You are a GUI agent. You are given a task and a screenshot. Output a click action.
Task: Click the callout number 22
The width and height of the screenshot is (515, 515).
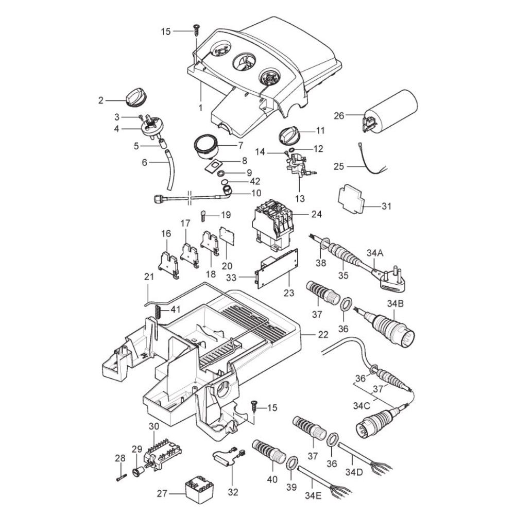(x=323, y=334)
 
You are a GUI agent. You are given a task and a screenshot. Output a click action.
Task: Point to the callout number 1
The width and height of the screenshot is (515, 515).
(x=200, y=109)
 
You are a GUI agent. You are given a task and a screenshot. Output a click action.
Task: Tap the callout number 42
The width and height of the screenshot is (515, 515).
(x=241, y=181)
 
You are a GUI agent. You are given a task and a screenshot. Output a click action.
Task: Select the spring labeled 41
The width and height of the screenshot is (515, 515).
(x=159, y=311)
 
